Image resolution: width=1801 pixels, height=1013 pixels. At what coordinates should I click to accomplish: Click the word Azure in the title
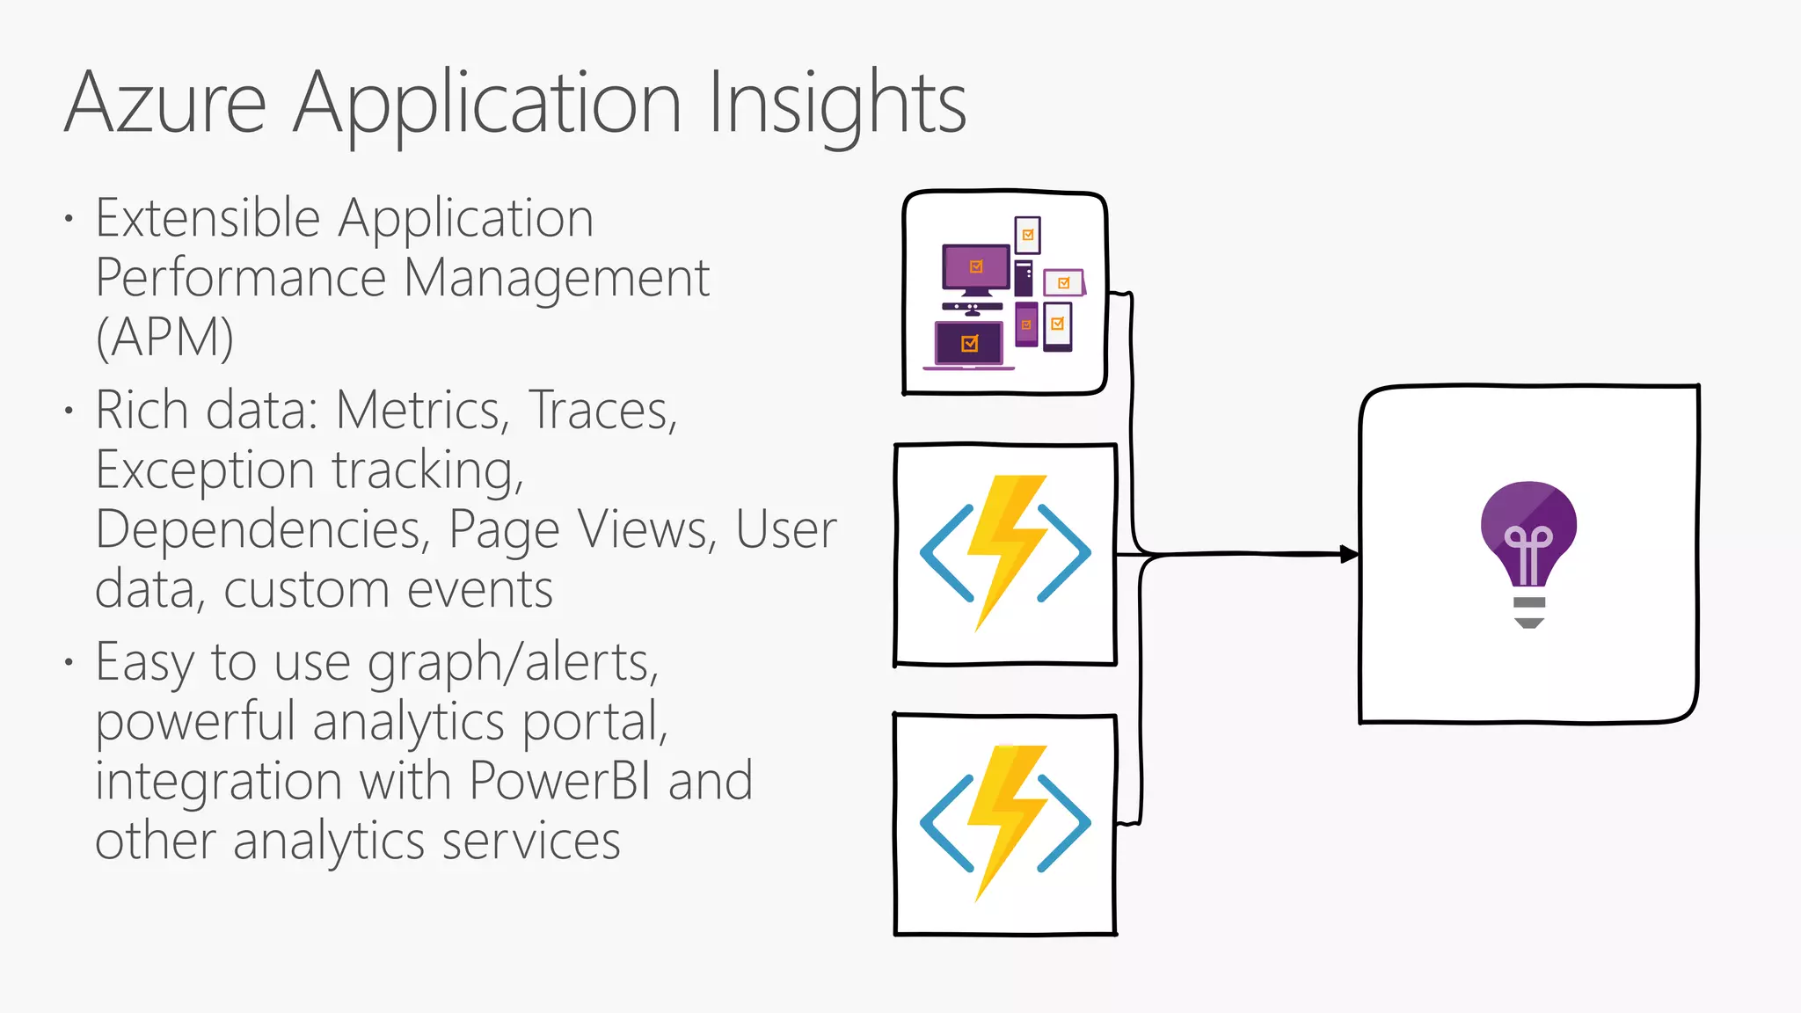pyautogui.click(x=165, y=104)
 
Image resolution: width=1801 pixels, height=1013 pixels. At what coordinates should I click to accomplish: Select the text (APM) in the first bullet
pyautogui.click(x=164, y=338)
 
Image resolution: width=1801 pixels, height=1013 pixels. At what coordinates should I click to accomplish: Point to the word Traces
pyautogui.click(x=602, y=411)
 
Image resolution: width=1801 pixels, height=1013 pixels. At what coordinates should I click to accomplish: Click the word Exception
pyautogui.click(x=205, y=470)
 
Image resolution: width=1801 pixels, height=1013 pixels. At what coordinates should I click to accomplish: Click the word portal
pyautogui.click(x=594, y=722)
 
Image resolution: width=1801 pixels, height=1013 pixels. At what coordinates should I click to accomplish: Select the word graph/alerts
pyautogui.click(x=513, y=662)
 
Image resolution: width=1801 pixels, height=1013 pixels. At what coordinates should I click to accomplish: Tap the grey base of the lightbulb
pyautogui.click(x=1529, y=612)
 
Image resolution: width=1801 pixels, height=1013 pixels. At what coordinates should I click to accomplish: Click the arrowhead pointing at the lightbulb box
pyautogui.click(x=1349, y=554)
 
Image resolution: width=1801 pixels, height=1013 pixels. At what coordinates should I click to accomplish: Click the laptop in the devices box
pyautogui.click(x=969, y=345)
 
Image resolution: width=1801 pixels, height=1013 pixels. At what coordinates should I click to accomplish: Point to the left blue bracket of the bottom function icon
pyautogui.click(x=946, y=823)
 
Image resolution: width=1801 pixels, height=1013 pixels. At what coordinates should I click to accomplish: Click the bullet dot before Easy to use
pyautogui.click(x=69, y=662)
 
